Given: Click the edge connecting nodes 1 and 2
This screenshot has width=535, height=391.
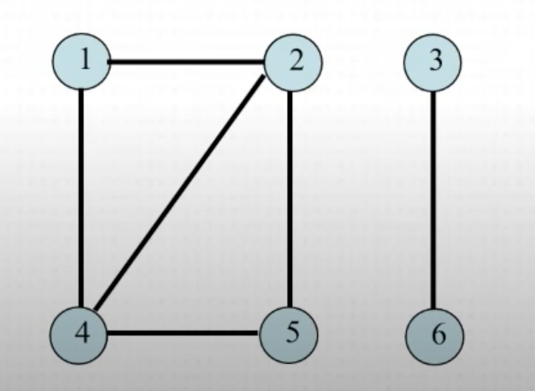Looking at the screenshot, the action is tap(187, 61).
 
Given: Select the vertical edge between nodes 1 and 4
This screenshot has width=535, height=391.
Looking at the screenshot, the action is tap(81, 196).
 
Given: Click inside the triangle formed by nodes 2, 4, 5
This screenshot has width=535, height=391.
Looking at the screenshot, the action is tap(239, 265).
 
